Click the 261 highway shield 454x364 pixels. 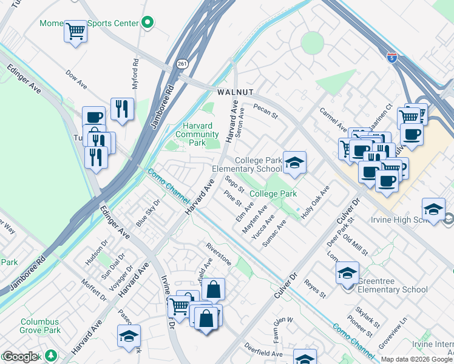click(182, 63)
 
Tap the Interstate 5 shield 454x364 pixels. click(392, 58)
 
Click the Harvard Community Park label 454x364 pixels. click(196, 135)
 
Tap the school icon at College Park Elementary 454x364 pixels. click(294, 163)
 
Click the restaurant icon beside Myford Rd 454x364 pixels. click(122, 110)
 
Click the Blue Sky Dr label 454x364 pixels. click(148, 213)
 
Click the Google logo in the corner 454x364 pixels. click(19, 357)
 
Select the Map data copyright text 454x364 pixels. click(416, 359)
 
